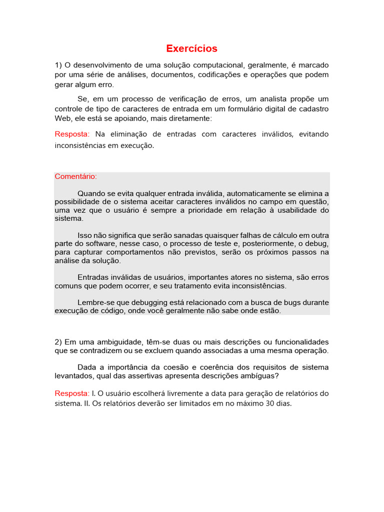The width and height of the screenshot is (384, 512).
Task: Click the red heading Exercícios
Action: click(192, 48)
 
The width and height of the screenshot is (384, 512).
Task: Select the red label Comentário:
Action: click(76, 176)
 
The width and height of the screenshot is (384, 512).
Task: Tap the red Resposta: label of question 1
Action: click(72, 134)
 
